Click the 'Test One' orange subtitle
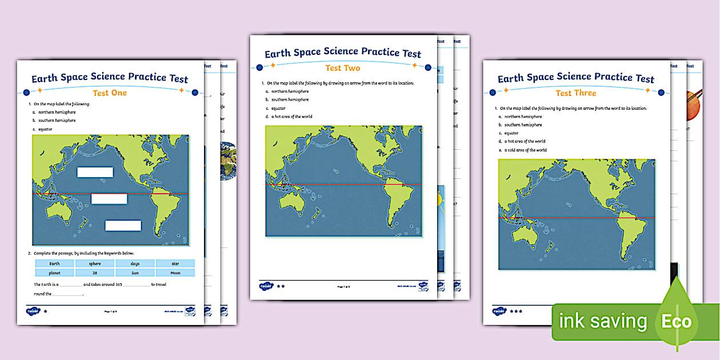click(110, 93)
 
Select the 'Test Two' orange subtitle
click(343, 68)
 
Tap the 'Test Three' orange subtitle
click(576, 93)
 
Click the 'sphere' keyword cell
click(95, 263)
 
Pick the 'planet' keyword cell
click(54, 273)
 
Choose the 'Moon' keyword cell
click(175, 273)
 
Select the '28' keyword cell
click(95, 273)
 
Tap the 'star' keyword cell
click(175, 263)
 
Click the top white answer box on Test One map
click(95, 172)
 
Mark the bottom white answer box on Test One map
click(123, 225)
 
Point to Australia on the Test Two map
click(293, 199)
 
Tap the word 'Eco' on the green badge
click(677, 321)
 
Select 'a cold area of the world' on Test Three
click(525, 150)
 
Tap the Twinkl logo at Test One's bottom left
click(31, 311)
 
